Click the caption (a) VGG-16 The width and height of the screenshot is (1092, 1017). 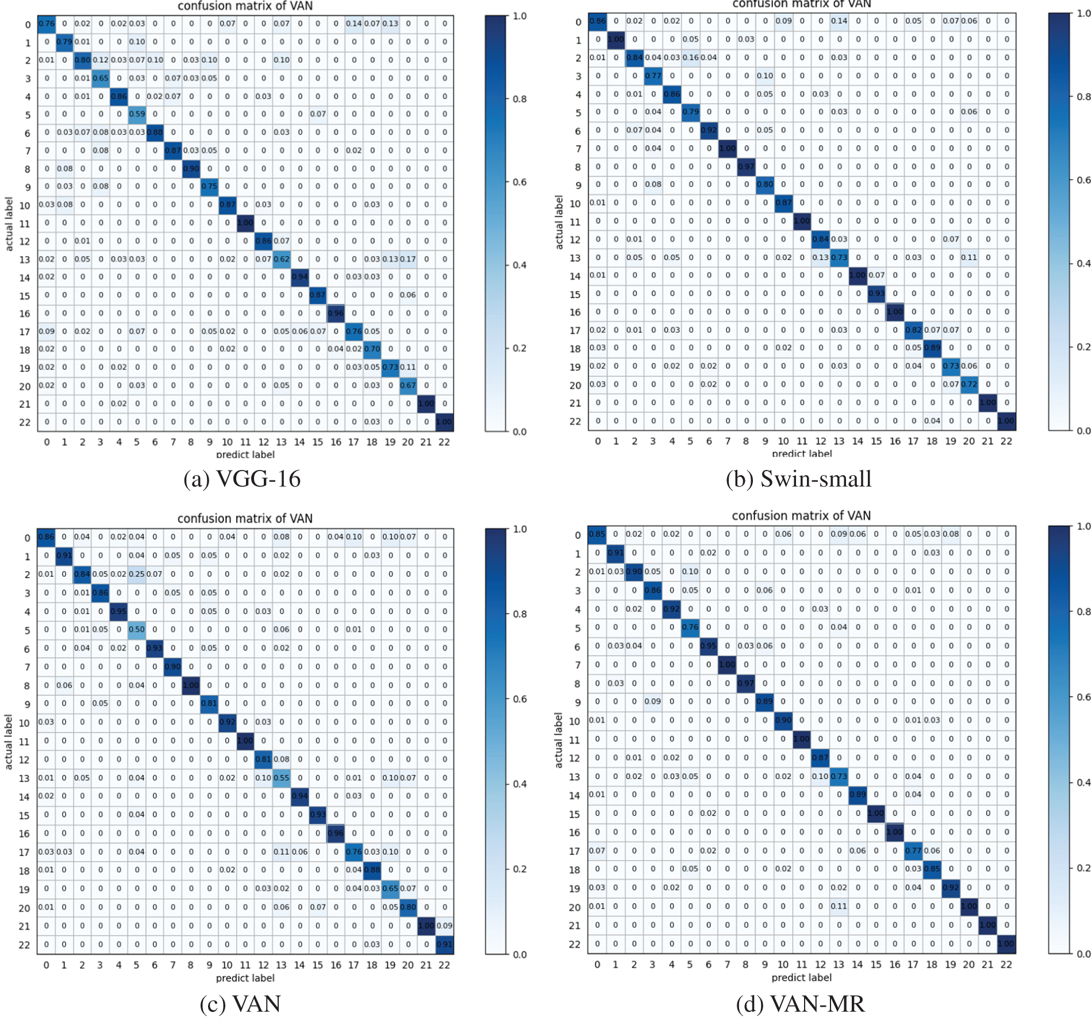click(242, 479)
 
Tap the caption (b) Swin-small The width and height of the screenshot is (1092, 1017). click(798, 479)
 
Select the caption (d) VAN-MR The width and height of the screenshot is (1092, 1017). click(800, 1003)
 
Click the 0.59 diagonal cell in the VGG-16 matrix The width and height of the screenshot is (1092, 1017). click(137, 114)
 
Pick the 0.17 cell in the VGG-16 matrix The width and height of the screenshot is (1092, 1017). click(408, 259)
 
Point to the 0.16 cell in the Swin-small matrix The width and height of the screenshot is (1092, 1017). click(690, 57)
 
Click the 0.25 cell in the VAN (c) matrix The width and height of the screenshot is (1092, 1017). click(137, 574)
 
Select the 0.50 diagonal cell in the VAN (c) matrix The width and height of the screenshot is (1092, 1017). click(137, 629)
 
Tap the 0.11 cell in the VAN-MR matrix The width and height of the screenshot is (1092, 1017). click(839, 906)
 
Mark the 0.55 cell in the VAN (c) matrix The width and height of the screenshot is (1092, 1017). click(282, 777)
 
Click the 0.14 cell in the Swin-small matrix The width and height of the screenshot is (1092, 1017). click(839, 21)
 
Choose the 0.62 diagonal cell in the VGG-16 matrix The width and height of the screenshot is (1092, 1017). click(282, 259)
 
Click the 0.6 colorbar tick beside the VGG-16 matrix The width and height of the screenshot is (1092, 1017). click(520, 182)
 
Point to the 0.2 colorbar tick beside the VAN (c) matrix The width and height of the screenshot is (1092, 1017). click(520, 869)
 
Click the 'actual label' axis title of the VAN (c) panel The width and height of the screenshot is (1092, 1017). click(9, 742)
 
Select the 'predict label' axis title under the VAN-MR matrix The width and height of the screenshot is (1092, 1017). click(801, 977)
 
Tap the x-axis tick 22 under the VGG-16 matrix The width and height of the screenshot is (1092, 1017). click(444, 442)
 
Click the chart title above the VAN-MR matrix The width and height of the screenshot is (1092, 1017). click(801, 515)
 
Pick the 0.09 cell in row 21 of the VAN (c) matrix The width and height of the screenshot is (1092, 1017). click(444, 926)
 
